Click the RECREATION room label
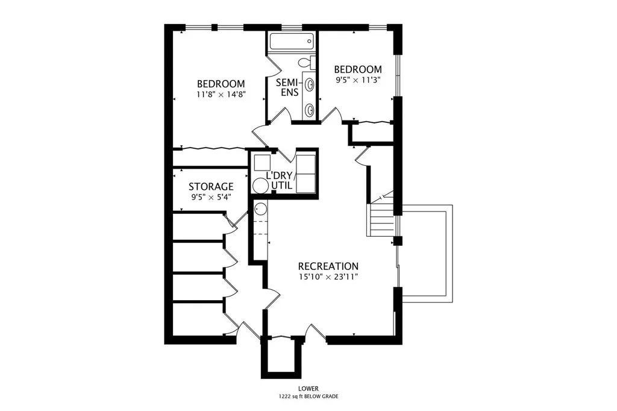pos(328,266)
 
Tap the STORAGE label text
pos(211,187)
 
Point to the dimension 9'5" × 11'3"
pos(358,80)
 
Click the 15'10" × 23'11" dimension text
pos(328,277)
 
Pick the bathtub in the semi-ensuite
pos(292,41)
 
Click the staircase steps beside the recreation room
pos(381,221)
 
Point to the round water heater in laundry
pos(260,186)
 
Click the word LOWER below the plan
pos(308,389)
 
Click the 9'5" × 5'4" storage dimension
pos(211,197)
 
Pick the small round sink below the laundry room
pos(260,209)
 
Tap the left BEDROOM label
pos(221,84)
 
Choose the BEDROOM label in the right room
pos(358,69)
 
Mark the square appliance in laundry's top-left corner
pos(262,163)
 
